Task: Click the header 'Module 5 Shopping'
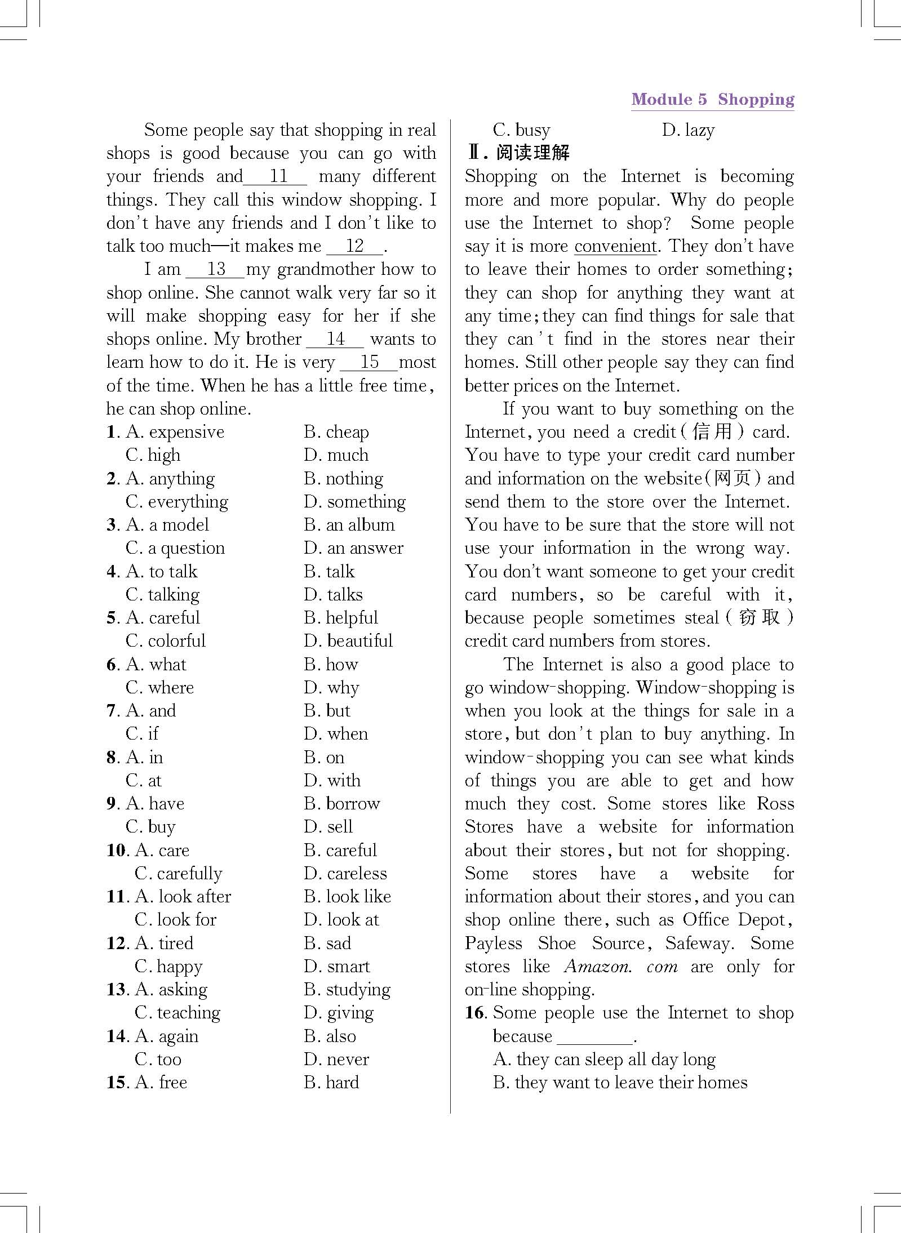pyautogui.click(x=712, y=100)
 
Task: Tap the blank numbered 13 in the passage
pyautogui.click(x=216, y=270)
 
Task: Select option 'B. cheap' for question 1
pyautogui.click(x=336, y=433)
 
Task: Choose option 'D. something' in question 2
pyautogui.click(x=354, y=502)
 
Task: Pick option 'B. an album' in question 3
pyautogui.click(x=349, y=525)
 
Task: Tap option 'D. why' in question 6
pyautogui.click(x=331, y=688)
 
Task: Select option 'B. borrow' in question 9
pyautogui.click(x=341, y=804)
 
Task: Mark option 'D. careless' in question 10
pyautogui.click(x=345, y=874)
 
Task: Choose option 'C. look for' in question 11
pyautogui.click(x=175, y=920)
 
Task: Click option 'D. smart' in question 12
pyautogui.click(x=336, y=967)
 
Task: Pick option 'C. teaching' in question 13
pyautogui.click(x=177, y=1013)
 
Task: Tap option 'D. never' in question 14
pyautogui.click(x=336, y=1060)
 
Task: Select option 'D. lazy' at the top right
pyautogui.click(x=688, y=131)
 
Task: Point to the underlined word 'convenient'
pyautogui.click(x=615, y=247)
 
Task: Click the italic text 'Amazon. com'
pyautogui.click(x=620, y=967)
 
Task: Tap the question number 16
pyautogui.click(x=475, y=1013)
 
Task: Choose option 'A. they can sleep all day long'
pyautogui.click(x=604, y=1060)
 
